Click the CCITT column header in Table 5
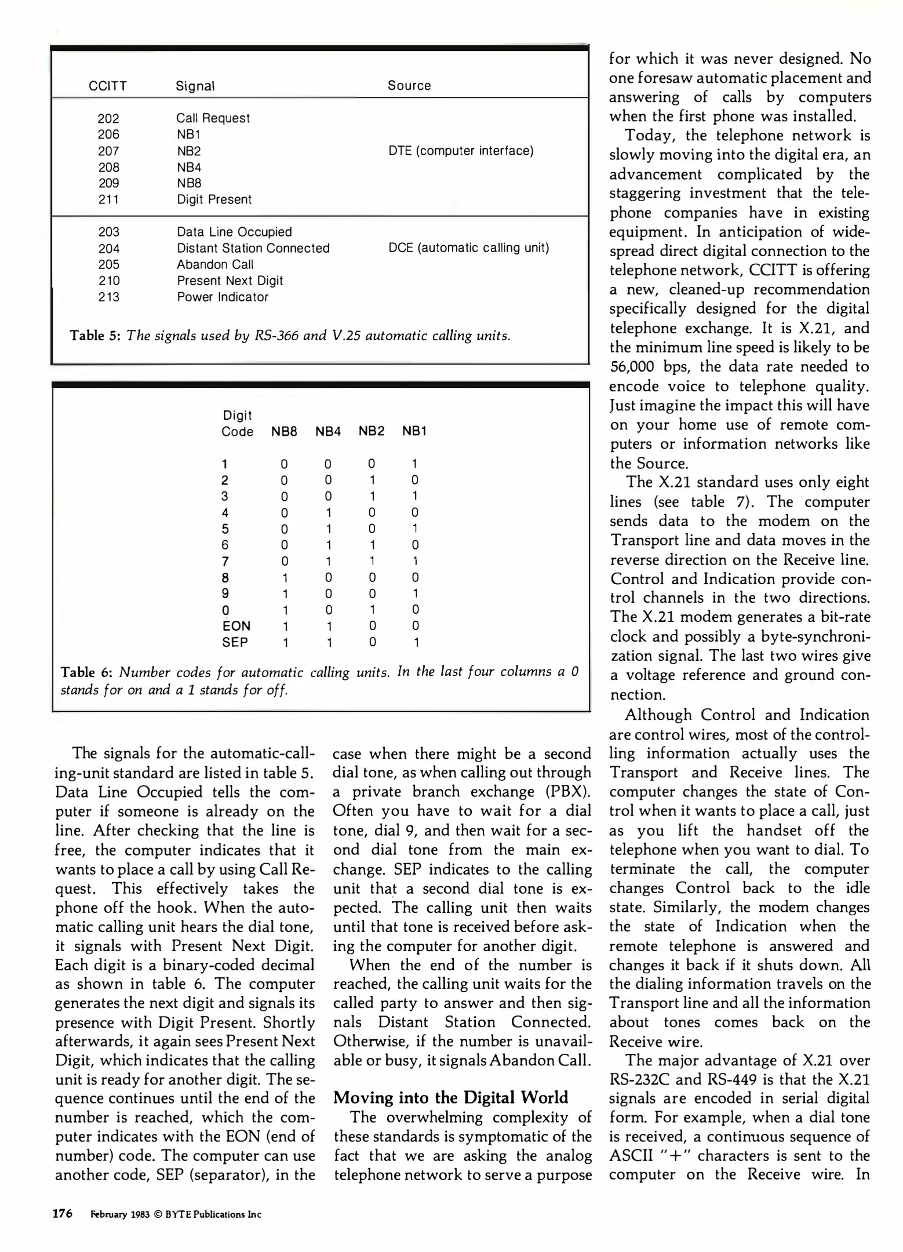coord(107,86)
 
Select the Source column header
coord(409,86)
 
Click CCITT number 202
coord(108,118)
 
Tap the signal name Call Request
coord(213,118)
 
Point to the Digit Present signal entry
coord(214,199)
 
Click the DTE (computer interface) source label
coord(461,151)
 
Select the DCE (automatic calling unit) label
coord(468,248)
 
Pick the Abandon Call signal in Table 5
coord(215,264)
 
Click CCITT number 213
coord(109,297)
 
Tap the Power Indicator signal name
coord(223,297)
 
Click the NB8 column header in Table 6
coord(284,431)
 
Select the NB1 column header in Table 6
coord(414,431)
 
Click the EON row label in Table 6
coord(236,626)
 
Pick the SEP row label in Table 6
coord(235,642)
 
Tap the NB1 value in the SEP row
coord(415,642)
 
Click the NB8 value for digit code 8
coord(284,577)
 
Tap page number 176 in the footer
coord(63,1213)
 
